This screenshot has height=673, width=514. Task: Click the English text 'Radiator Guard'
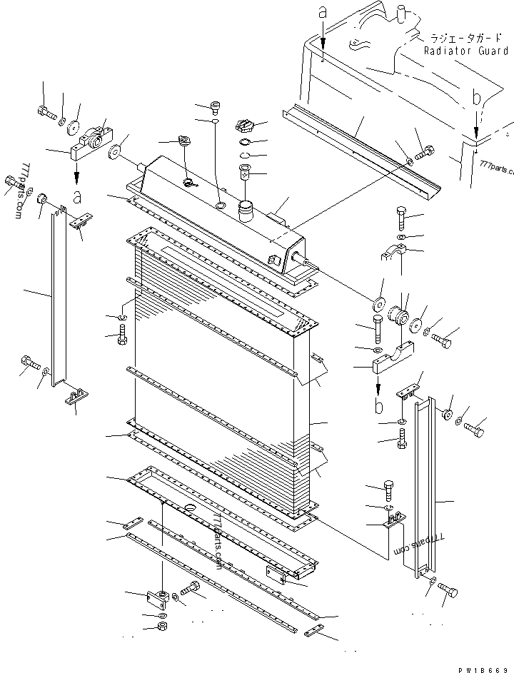[x=465, y=51]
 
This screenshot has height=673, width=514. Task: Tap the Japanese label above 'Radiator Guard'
[x=464, y=39]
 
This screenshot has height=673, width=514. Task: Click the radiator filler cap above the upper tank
[x=244, y=128]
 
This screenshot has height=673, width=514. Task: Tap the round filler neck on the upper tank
[x=247, y=211]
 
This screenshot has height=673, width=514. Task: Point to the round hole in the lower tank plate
[x=190, y=508]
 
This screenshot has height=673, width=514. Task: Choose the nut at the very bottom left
[x=161, y=627]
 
